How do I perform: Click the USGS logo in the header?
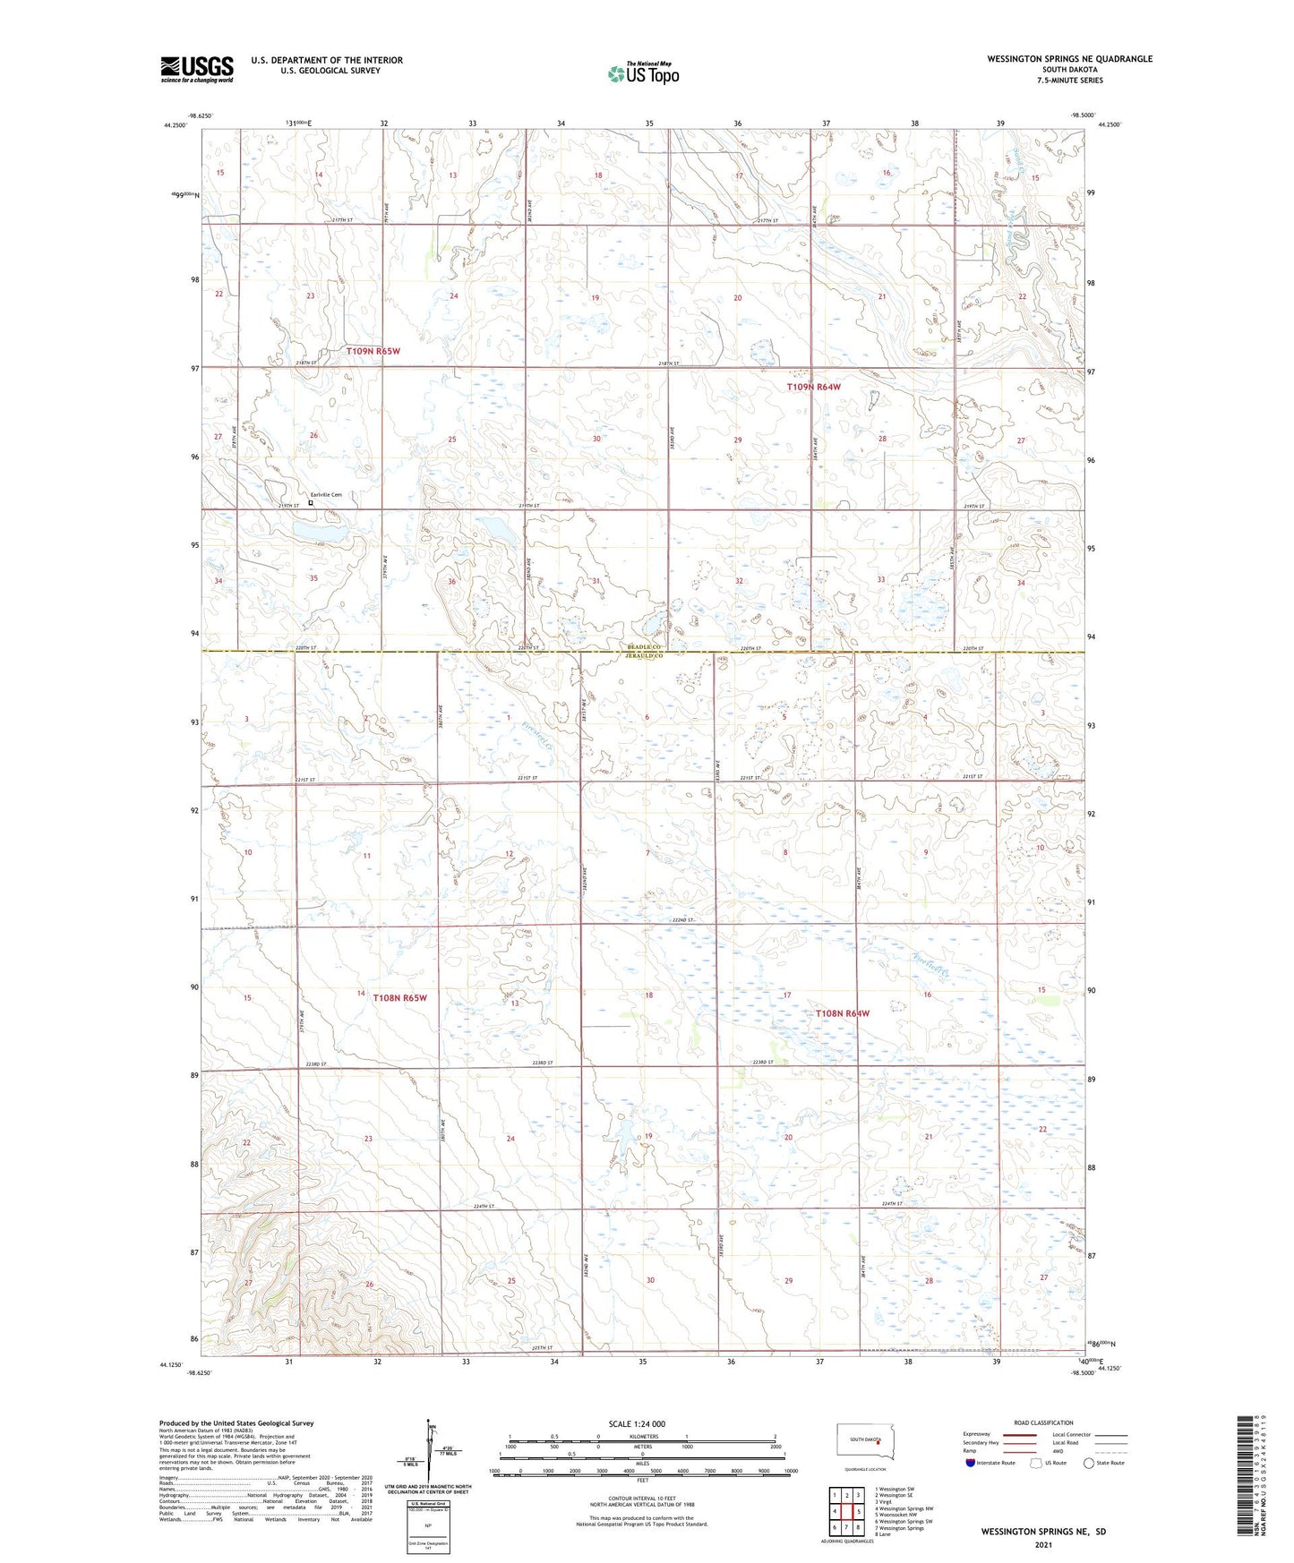[x=197, y=69]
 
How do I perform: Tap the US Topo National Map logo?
[x=642, y=73]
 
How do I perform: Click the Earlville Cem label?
[x=326, y=494]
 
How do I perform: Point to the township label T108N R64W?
[x=842, y=1013]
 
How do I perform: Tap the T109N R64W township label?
[x=813, y=387]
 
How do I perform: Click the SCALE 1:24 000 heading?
[x=642, y=1424]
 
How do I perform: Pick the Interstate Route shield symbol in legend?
[x=970, y=1463]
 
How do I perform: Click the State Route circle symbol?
[x=1088, y=1463]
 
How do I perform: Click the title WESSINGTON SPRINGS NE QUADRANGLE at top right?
[x=1069, y=59]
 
